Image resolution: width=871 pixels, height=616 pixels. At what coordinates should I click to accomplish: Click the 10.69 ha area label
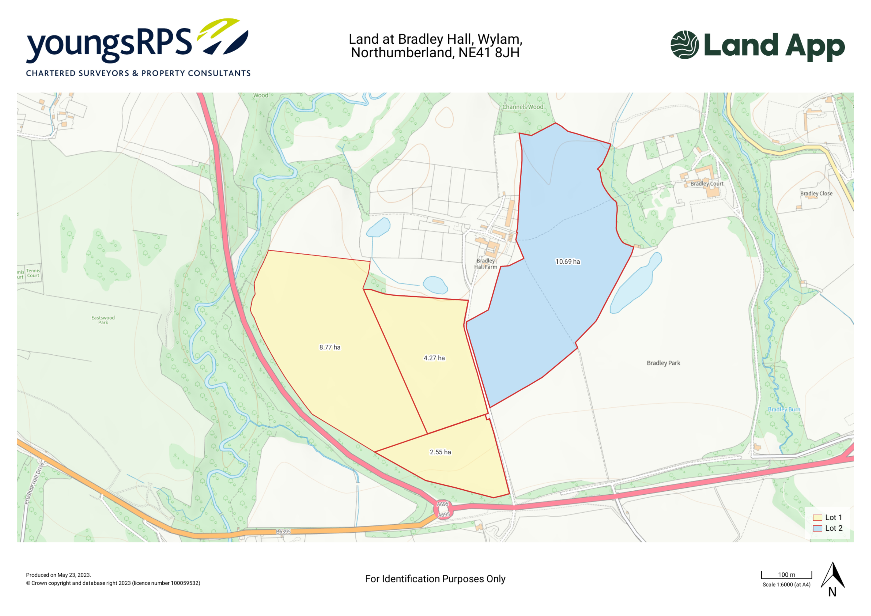pos(568,262)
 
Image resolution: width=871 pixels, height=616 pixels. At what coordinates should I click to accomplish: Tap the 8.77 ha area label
pos(330,347)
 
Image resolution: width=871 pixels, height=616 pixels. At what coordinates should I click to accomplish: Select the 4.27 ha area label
pos(434,358)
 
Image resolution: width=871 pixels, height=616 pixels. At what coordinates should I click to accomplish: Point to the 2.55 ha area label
pos(440,452)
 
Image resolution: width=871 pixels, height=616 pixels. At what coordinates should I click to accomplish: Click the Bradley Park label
pos(663,363)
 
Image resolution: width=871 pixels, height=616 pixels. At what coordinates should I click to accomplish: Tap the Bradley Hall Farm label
pos(486,264)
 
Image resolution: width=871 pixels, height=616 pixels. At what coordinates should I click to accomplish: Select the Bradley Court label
pos(707,183)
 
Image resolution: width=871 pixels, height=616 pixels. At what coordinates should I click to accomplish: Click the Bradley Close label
pos(816,193)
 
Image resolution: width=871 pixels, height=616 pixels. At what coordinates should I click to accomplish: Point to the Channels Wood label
pos(523,107)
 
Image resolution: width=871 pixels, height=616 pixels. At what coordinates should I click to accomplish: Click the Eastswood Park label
pos(103,320)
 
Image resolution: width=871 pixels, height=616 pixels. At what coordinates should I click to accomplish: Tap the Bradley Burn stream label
pos(784,410)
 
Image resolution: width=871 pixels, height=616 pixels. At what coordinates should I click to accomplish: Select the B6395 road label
pos(283,532)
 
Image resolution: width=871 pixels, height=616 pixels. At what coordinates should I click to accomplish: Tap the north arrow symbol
pos(833,577)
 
